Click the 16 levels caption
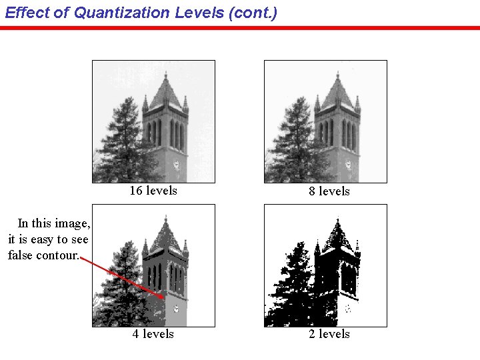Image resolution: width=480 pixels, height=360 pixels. coord(153,191)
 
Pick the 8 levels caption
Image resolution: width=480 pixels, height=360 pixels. coord(329,191)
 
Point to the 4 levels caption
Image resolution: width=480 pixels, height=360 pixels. coord(153,334)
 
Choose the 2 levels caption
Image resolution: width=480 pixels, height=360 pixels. coord(329,334)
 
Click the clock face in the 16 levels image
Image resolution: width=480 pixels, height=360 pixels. coord(177,165)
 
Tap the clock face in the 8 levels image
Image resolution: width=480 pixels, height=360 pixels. coord(348,165)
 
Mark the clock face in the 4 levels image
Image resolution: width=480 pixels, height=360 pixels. coord(176,309)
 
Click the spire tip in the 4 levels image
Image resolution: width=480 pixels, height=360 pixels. coord(165,217)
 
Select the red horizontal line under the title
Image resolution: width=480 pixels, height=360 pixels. coord(240,28)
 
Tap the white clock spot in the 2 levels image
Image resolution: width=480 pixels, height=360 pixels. coord(347,309)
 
